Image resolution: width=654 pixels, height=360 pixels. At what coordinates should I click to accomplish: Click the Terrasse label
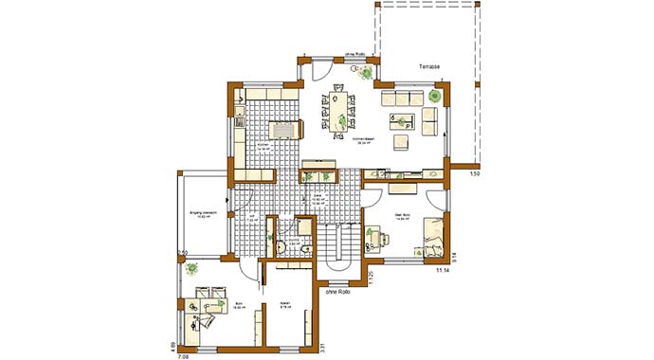pos(431,67)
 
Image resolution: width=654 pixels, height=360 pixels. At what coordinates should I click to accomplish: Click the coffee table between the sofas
pos(403,120)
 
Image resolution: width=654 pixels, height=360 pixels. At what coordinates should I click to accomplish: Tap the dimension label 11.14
pos(442,271)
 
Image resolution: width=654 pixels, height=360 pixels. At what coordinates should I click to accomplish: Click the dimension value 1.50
pos(476,175)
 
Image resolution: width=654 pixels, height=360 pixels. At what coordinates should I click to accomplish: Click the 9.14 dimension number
pos(455,255)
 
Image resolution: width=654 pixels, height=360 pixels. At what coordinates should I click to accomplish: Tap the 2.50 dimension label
pos(182,252)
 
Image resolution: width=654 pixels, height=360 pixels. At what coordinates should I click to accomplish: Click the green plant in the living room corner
pos(435,95)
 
